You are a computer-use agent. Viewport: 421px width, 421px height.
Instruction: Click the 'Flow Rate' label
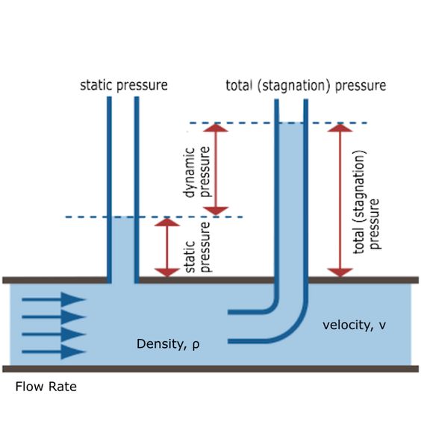click(x=46, y=387)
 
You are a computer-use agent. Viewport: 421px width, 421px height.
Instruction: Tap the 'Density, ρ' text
click(x=168, y=344)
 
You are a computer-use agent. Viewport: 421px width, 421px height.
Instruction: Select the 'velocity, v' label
click(x=354, y=325)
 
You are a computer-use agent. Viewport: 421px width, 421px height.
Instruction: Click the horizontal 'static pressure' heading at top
click(x=124, y=85)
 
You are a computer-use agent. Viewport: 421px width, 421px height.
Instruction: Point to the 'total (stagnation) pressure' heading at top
click(x=306, y=86)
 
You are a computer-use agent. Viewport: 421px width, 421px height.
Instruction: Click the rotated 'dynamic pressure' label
click(x=197, y=172)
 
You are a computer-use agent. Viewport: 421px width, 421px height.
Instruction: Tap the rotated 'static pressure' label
click(x=197, y=247)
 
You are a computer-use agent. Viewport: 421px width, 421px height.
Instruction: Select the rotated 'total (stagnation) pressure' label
click(x=367, y=202)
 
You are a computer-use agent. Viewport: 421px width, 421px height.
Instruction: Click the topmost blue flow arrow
click(x=54, y=299)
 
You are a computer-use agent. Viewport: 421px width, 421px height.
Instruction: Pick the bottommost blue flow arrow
click(x=54, y=352)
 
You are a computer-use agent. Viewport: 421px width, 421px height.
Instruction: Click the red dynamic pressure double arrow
click(x=216, y=169)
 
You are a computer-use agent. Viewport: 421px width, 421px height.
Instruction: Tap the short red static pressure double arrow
click(x=167, y=247)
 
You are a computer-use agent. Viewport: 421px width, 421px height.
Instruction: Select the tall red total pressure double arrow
click(x=340, y=200)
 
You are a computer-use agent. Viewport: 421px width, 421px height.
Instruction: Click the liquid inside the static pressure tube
click(x=123, y=250)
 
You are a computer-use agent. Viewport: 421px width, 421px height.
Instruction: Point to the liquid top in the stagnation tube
click(x=291, y=123)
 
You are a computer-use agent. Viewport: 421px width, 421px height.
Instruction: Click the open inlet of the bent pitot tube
click(x=228, y=326)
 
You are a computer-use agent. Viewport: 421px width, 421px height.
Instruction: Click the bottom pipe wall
click(x=210, y=369)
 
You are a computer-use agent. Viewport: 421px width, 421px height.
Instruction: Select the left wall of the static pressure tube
click(x=109, y=190)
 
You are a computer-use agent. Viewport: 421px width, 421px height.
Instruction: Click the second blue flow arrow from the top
click(x=54, y=316)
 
